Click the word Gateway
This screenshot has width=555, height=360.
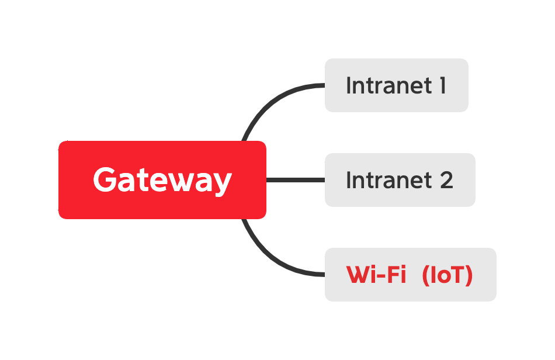point(162,179)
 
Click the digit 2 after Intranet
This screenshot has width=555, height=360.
point(446,180)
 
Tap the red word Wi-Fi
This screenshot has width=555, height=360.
point(376,275)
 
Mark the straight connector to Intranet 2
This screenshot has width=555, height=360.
point(295,180)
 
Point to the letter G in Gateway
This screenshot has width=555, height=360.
point(105,179)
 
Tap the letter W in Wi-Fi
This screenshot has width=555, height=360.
point(358,275)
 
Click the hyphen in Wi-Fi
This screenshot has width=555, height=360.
point(383,276)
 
